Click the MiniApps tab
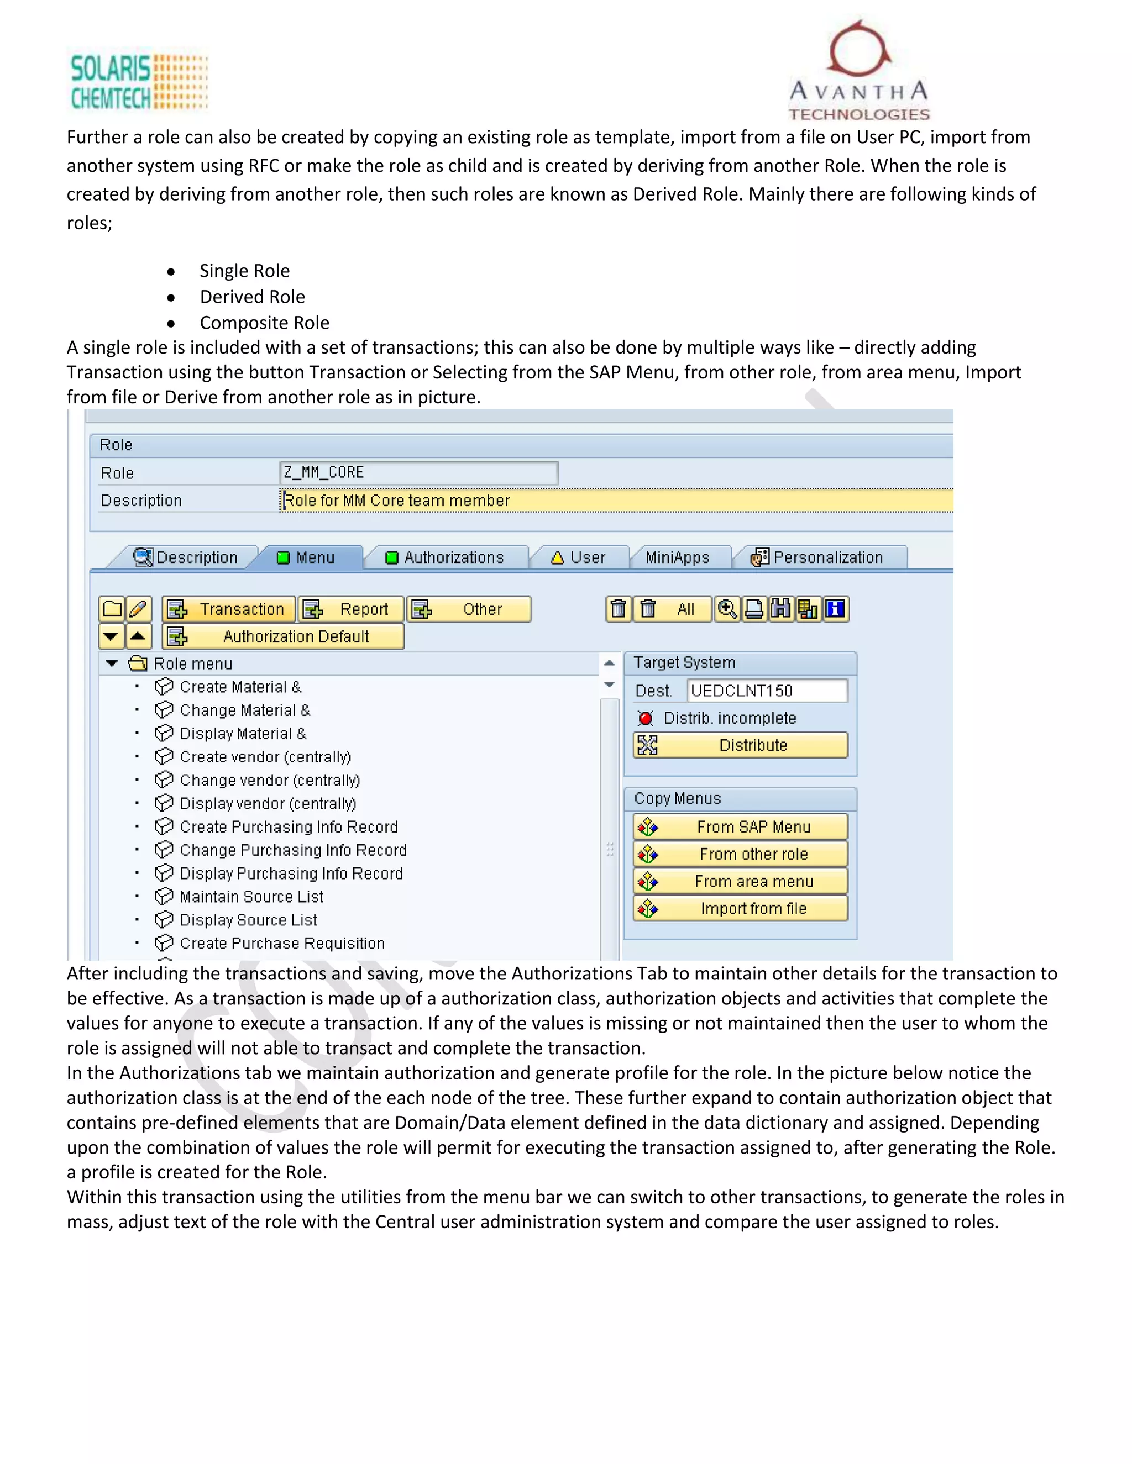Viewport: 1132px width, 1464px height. click(x=677, y=558)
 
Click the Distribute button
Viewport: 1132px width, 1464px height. click(x=740, y=745)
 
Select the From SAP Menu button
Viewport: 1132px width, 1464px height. click(x=740, y=827)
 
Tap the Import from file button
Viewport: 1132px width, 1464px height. click(x=740, y=909)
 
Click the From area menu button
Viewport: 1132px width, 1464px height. click(x=740, y=882)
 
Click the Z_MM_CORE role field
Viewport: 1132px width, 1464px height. click(x=418, y=472)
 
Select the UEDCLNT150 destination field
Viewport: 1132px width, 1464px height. click(x=767, y=691)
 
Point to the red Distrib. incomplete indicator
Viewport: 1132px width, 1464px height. click(x=646, y=719)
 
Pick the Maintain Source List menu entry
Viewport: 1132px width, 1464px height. click(x=251, y=897)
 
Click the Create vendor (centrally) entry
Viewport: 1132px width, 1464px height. click(x=265, y=757)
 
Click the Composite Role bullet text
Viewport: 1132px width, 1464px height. click(x=264, y=323)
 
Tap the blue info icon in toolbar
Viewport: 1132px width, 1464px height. click(x=836, y=609)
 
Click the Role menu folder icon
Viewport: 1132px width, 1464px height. click(x=138, y=663)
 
